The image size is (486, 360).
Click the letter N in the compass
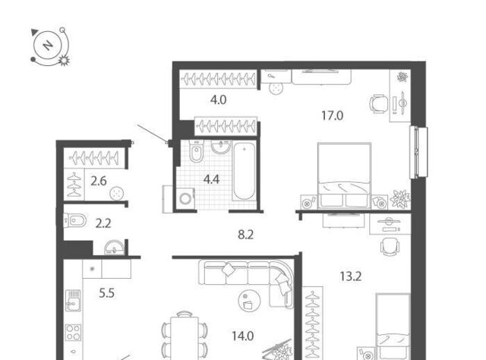48,46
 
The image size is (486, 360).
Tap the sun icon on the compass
64,61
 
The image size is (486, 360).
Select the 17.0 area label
332,115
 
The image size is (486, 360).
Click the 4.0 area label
218,99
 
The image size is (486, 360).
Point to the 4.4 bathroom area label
211,179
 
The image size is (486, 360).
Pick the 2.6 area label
99,181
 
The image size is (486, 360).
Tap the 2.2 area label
103,223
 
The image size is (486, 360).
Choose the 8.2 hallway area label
245,235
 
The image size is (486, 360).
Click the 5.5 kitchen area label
106,293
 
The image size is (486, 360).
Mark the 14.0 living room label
243,336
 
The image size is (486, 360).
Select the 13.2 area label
351,276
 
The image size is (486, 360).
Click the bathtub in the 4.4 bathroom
244,171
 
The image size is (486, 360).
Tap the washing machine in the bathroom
185,197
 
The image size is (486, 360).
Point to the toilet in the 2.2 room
75,220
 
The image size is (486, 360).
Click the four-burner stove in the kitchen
74,333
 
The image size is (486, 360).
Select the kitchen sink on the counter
73,300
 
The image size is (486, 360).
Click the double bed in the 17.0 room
344,175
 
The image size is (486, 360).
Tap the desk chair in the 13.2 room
390,247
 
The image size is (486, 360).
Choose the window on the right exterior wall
418,153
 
